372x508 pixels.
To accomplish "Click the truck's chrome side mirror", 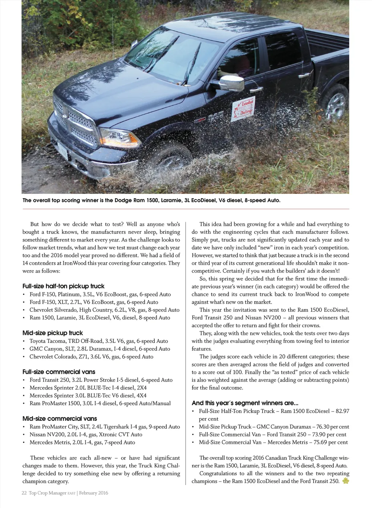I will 232,83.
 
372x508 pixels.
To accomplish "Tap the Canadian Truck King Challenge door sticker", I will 243,108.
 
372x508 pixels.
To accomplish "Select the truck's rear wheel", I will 336,105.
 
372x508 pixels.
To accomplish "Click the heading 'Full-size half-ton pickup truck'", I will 64,286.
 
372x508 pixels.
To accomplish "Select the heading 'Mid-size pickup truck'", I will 53,333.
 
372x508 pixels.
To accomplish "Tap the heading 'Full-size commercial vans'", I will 59,372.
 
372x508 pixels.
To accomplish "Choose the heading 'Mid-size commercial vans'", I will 60,419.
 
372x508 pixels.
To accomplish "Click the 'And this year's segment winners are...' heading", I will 245,403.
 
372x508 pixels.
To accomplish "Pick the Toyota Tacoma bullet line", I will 99,341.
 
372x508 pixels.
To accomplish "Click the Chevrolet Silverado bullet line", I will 105,310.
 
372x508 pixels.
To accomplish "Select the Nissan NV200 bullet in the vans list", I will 86,435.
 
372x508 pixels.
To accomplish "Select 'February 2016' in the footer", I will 94,493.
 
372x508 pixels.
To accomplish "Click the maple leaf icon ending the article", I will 345,481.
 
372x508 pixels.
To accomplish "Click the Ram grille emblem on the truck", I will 62,115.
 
